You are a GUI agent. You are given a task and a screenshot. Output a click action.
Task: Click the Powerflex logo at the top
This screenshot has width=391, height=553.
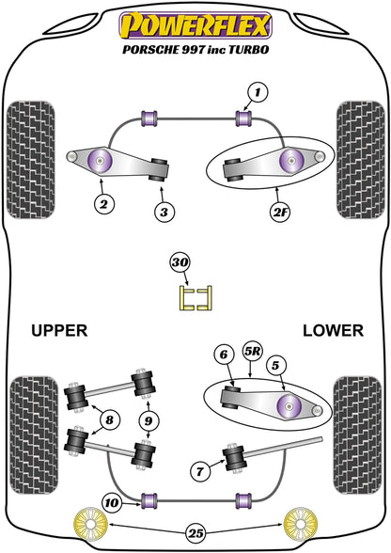[x=195, y=25]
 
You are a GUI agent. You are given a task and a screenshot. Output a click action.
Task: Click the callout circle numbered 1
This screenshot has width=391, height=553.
[x=258, y=93]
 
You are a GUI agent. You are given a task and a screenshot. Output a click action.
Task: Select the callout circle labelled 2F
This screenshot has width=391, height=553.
[x=279, y=212]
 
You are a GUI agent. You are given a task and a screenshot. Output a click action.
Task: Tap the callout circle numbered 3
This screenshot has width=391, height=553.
[x=164, y=212]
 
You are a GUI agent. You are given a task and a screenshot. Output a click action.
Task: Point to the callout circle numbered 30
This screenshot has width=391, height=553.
[x=180, y=262]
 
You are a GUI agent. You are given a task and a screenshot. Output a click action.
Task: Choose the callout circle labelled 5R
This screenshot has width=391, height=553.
[x=253, y=351]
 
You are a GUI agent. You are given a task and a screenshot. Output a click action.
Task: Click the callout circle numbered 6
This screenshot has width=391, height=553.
[x=225, y=355]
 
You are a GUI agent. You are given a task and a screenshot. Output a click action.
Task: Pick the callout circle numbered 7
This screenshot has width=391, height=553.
[x=200, y=471]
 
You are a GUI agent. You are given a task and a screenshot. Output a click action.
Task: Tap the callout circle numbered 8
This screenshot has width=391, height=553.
[x=110, y=419]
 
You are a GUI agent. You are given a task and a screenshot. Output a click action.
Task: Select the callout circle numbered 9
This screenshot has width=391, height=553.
[x=149, y=420]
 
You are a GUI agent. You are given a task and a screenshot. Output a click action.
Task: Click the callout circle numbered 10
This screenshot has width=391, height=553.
[x=112, y=502]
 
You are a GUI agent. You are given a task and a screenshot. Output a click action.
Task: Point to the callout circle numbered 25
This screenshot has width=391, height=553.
[x=196, y=533]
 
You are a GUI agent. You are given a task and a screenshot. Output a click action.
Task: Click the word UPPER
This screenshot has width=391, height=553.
[x=59, y=330]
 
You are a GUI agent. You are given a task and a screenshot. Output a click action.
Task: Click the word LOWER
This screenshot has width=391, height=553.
[x=333, y=330]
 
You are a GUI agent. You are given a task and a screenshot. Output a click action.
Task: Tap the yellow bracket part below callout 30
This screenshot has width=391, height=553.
[x=195, y=298]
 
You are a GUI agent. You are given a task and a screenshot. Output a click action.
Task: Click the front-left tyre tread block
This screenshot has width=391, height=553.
[x=31, y=160]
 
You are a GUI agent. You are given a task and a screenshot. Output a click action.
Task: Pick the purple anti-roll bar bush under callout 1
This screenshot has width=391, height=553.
[x=243, y=118]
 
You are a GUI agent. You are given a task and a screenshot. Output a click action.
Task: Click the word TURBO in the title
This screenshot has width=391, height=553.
[x=248, y=49]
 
